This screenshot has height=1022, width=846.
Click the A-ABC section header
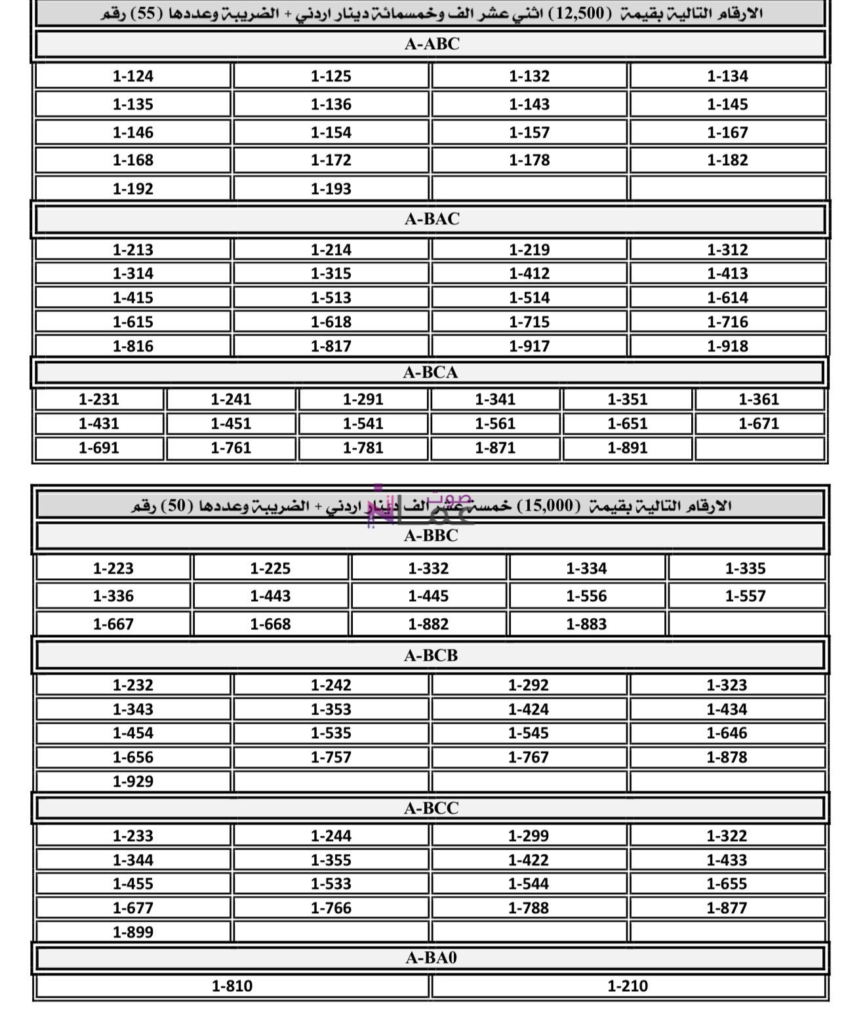[x=432, y=44]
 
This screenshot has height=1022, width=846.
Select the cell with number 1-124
[x=132, y=76]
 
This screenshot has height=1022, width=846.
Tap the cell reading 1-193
[x=331, y=189]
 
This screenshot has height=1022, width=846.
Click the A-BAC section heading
[x=432, y=219]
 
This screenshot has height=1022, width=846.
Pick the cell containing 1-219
[x=529, y=250]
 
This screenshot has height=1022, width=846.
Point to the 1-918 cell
[x=727, y=346]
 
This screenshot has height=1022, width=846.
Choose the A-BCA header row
[x=430, y=372]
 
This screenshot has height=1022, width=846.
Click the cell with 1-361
[x=759, y=399]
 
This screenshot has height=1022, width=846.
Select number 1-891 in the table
[x=627, y=448]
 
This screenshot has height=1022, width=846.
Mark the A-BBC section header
[x=430, y=536]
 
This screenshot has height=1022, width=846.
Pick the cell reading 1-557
[x=745, y=596]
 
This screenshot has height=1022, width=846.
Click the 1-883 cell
[x=586, y=624]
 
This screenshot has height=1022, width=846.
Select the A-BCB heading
[x=430, y=655]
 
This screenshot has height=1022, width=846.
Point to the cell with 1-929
[x=132, y=781]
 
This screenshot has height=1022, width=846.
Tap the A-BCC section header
[x=430, y=808]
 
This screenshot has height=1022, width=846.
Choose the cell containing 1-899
[x=132, y=932]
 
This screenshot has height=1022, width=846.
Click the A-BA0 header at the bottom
[x=430, y=958]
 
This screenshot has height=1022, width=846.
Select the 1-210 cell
[x=628, y=986]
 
